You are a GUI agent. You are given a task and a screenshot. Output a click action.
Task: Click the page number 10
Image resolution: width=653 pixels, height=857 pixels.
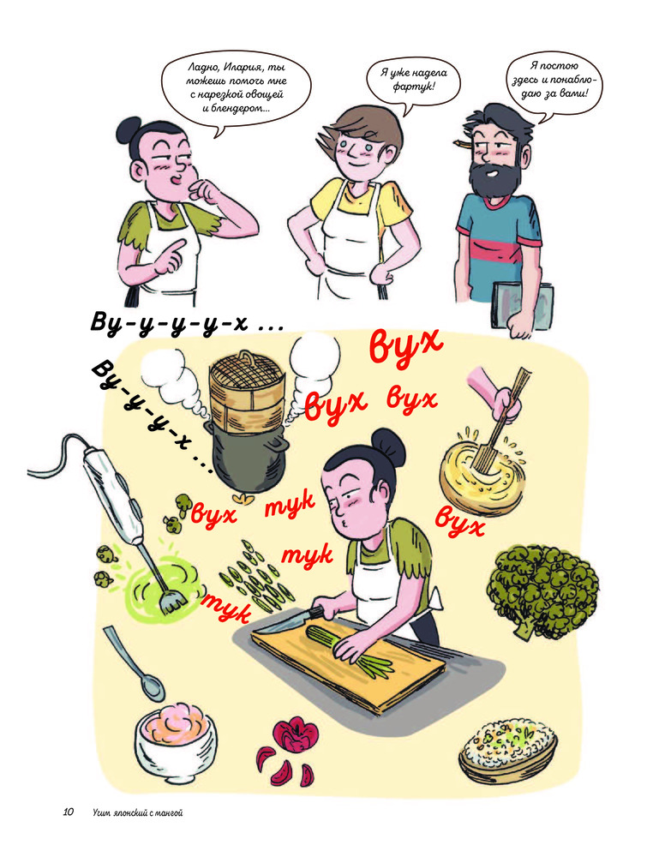pos(68,812)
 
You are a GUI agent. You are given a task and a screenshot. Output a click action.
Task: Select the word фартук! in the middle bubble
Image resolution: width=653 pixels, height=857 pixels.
pos(414,86)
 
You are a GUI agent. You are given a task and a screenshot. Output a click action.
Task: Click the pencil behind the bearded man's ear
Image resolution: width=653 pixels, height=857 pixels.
pos(463,145)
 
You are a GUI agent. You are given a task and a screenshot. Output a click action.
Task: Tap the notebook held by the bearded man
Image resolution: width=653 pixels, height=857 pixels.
pos(523,306)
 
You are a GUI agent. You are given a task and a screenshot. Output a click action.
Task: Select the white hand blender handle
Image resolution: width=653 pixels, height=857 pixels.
pos(113,495)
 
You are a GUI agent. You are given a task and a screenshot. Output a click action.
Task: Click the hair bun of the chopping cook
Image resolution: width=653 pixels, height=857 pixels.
pos(387,446)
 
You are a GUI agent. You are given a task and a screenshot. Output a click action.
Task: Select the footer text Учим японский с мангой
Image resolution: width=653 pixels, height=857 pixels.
pos(138,812)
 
